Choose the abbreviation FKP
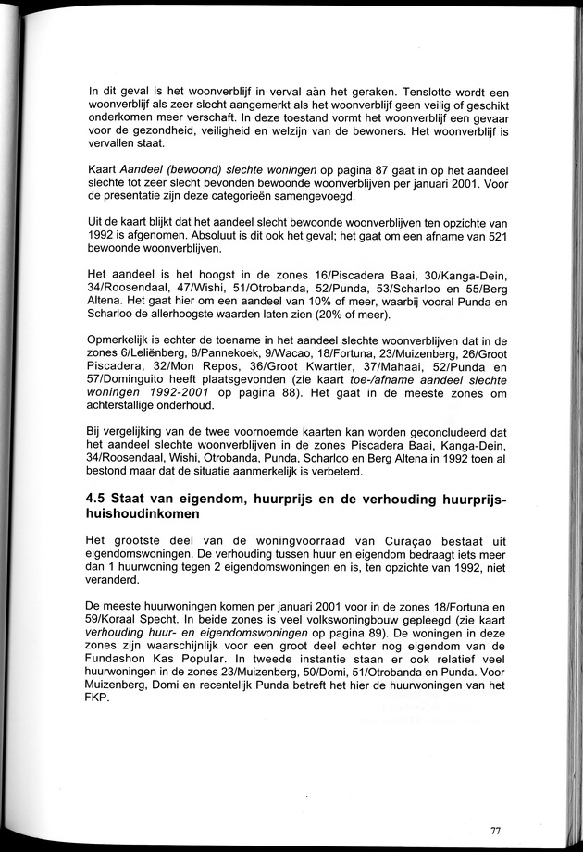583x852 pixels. [x=100, y=696]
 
